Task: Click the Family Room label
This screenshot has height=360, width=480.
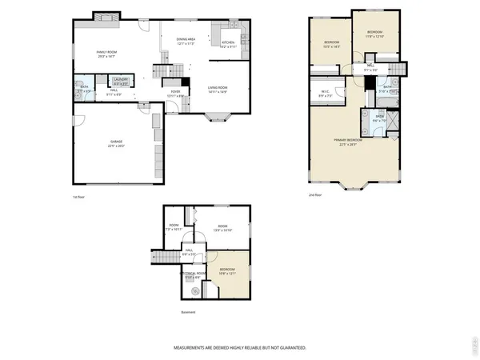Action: pos(107,54)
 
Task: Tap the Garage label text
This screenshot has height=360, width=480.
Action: pos(117,143)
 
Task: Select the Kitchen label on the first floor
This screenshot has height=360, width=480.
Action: pos(228,45)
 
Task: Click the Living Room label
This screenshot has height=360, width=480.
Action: pos(218,90)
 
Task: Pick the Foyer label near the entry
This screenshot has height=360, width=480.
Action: pos(175,93)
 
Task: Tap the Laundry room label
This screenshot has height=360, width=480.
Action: pos(121,80)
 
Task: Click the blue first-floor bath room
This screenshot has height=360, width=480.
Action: pos(84,88)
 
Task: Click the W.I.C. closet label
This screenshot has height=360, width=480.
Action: pos(325,93)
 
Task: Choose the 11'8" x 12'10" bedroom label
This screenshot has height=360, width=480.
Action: pos(375,34)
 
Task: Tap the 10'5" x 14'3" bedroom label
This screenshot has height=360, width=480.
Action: pos(332,45)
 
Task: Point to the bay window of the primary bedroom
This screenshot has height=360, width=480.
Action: pos(352,187)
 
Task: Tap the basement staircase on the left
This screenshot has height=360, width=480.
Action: pos(164,257)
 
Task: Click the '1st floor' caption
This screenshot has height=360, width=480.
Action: pos(78,195)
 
